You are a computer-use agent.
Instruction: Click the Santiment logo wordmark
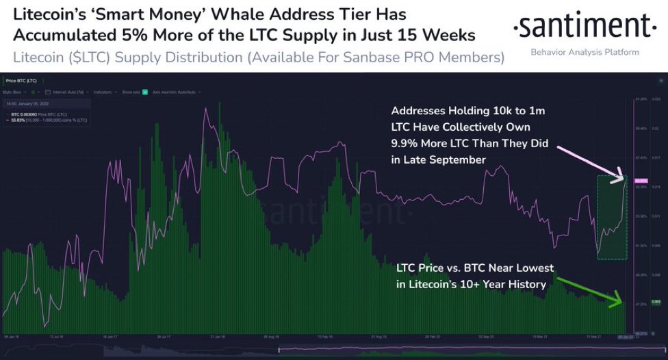[x=586, y=28]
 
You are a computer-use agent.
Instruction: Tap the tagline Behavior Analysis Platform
[x=585, y=52]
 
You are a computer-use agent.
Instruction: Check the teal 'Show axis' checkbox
[x=144, y=91]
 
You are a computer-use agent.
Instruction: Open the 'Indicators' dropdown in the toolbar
[x=103, y=91]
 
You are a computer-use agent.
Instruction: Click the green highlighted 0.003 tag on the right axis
[x=637, y=302]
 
